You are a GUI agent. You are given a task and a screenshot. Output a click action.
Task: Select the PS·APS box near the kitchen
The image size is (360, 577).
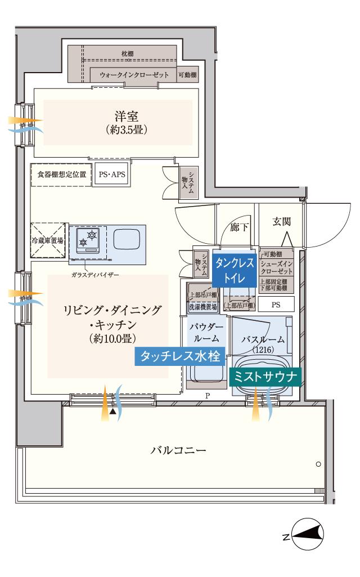coord(112,175)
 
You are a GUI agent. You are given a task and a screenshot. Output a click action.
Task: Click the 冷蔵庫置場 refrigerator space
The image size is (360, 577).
coord(47,240)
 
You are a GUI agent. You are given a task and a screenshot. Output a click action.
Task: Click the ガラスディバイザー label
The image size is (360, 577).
coord(95,275)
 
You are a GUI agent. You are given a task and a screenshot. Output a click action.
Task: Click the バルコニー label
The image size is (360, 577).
coord(178,451)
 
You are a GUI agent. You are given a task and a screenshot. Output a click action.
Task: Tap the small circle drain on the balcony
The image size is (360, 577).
coord(318,464)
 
